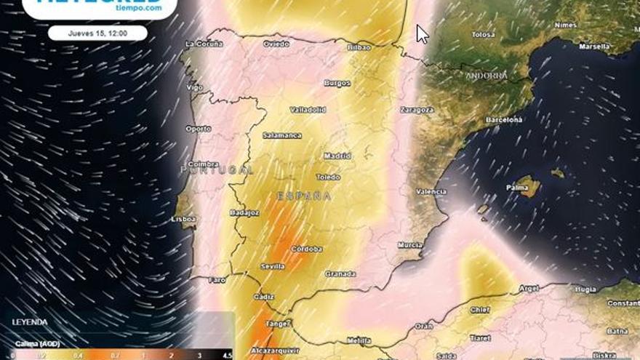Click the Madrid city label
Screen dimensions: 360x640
337,156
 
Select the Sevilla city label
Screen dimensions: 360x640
273,266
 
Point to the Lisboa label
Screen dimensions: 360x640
183,218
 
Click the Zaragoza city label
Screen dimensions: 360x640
417,110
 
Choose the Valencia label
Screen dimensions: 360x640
431,191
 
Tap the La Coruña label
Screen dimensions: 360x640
204,44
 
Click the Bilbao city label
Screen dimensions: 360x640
360,47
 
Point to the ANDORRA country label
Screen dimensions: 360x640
487,76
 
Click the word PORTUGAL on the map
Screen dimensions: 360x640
217,169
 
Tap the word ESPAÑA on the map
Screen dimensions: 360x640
304,196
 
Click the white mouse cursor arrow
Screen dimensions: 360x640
422,33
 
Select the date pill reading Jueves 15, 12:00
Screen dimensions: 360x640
97,33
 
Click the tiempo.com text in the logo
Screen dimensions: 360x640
138,7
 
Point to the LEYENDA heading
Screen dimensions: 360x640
30,321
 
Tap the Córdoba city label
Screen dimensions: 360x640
306,249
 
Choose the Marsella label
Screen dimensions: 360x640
594,46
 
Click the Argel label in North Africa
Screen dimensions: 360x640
528,289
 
